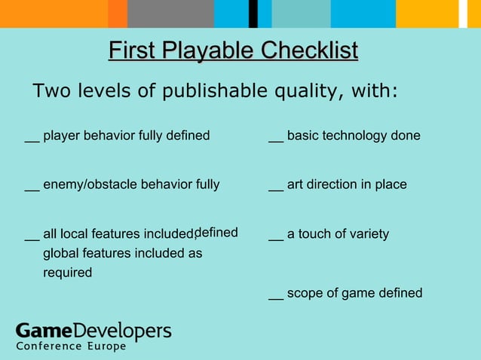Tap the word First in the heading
pyautogui.click(x=132, y=51)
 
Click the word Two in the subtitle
pyautogui.click(x=51, y=91)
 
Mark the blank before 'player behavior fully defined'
pyautogui.click(x=32, y=139)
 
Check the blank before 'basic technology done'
pyautogui.click(x=276, y=139)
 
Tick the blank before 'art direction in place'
pyautogui.click(x=276, y=187)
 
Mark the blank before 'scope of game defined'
pyautogui.click(x=276, y=296)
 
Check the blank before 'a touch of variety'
pyautogui.click(x=276, y=236)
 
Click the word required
pyautogui.click(x=67, y=273)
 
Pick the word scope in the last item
pyautogui.click(x=304, y=294)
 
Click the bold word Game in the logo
pyautogui.click(x=44, y=331)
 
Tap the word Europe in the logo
pyautogui.click(x=106, y=346)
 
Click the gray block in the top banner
pyautogui.click(x=170, y=14)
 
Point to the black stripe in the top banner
pyautogui.click(x=253, y=14)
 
